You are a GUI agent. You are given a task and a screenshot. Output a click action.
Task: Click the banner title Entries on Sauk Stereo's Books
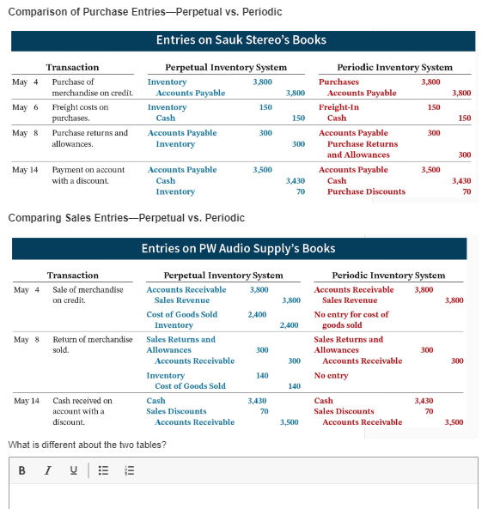[241, 40]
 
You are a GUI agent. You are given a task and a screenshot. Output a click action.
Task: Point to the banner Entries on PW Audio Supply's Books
[239, 249]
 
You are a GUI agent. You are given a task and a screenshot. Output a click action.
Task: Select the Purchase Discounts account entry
[366, 191]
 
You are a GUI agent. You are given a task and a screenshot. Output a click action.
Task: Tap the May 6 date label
[25, 107]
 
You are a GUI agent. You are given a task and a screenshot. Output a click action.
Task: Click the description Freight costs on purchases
[81, 112]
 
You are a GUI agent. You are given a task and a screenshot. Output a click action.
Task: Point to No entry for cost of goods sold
[351, 319]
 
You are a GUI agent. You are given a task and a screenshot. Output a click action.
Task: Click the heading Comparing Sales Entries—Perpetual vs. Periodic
[126, 218]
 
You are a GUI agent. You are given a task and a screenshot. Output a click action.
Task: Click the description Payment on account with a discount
[88, 175]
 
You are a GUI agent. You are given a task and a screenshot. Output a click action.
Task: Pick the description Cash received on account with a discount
[82, 411]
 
